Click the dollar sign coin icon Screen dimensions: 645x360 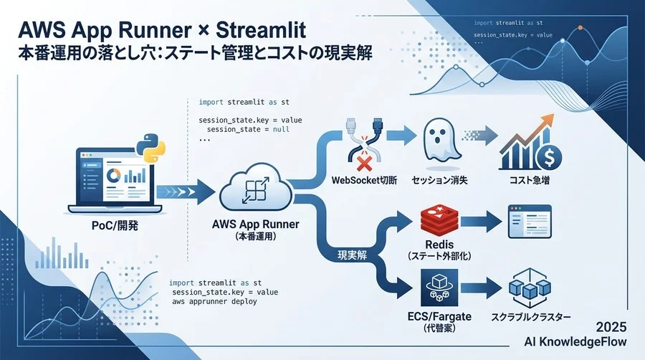549,157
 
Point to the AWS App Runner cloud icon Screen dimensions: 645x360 256,189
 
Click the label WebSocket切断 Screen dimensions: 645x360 364,180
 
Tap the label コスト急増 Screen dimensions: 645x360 530,180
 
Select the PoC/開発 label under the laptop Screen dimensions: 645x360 115,225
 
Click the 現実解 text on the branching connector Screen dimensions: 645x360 352,255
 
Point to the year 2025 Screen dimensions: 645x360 611,327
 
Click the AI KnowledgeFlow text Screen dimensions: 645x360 575,342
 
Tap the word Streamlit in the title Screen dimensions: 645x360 261,30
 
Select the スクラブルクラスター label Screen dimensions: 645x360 530,317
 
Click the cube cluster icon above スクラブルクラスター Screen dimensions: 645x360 530,288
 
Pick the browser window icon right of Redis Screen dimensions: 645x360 530,222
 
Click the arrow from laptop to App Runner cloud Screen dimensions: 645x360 186,191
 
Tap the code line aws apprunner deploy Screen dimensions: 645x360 214,302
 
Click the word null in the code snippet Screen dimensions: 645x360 282,129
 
